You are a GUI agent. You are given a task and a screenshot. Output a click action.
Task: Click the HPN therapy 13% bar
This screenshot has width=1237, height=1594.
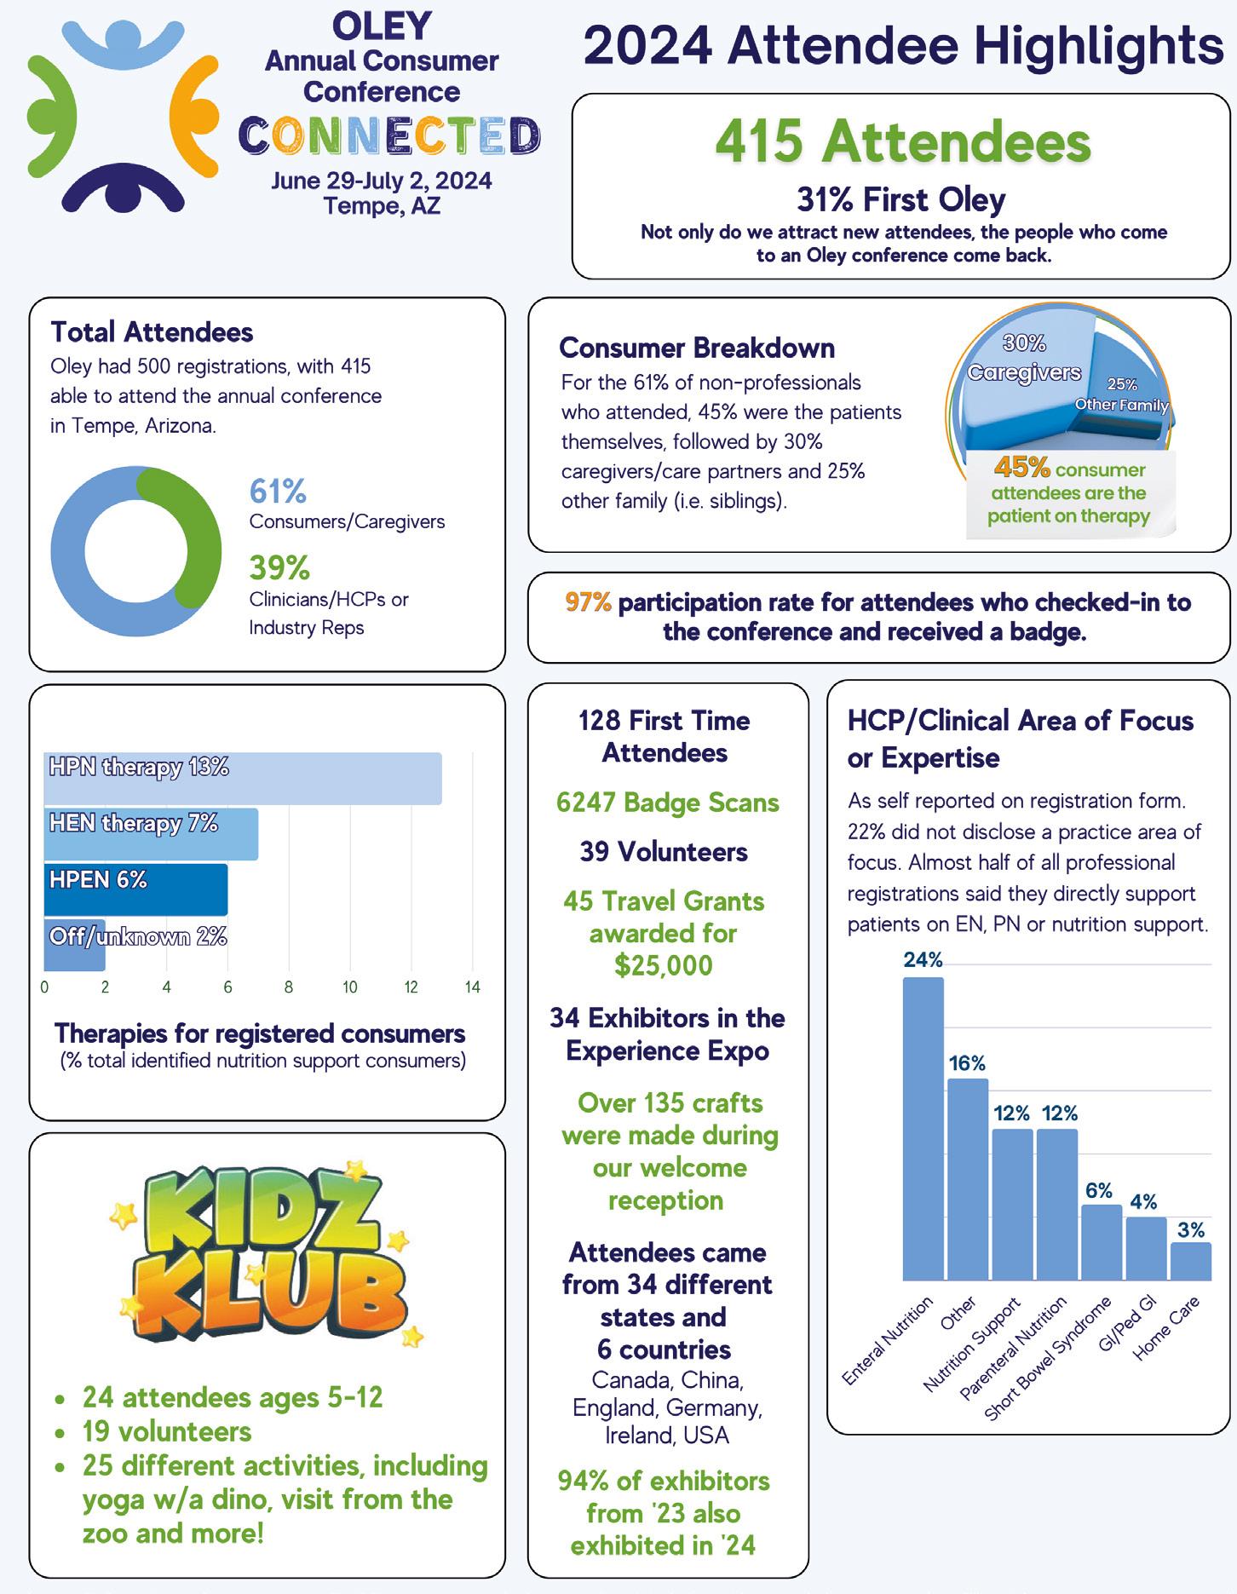pyautogui.click(x=243, y=778)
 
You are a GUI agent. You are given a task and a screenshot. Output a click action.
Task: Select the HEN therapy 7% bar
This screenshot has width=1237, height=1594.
pyautogui.click(x=151, y=834)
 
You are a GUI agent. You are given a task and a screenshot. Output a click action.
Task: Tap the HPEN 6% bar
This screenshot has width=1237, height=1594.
pyautogui.click(x=135, y=890)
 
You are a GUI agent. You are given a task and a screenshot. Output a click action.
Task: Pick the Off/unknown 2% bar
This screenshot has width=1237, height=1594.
pyautogui.click(x=74, y=945)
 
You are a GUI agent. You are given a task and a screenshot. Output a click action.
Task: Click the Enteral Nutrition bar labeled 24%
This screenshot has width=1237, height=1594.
pyautogui.click(x=923, y=1128)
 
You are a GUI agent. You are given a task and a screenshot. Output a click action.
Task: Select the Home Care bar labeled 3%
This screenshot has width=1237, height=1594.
pyautogui.click(x=1190, y=1261)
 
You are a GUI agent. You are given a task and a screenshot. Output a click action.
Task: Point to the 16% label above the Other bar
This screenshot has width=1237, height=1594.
pyautogui.click(x=967, y=1063)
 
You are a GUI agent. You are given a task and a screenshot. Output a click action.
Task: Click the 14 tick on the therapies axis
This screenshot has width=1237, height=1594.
pyautogui.click(x=472, y=987)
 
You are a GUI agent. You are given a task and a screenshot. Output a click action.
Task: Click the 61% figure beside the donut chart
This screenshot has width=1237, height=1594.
pyautogui.click(x=278, y=492)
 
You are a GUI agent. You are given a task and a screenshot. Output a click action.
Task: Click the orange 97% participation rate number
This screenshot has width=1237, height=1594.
pyautogui.click(x=588, y=602)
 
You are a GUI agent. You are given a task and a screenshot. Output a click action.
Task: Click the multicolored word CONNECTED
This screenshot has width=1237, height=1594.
pyautogui.click(x=388, y=135)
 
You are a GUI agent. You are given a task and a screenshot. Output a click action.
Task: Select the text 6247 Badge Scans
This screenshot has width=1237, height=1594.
pyautogui.click(x=667, y=803)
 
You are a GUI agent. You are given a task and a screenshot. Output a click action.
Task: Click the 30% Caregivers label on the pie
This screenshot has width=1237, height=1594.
pyautogui.click(x=1024, y=358)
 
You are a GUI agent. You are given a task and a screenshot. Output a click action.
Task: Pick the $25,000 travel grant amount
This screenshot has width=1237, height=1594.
pyautogui.click(x=664, y=965)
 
